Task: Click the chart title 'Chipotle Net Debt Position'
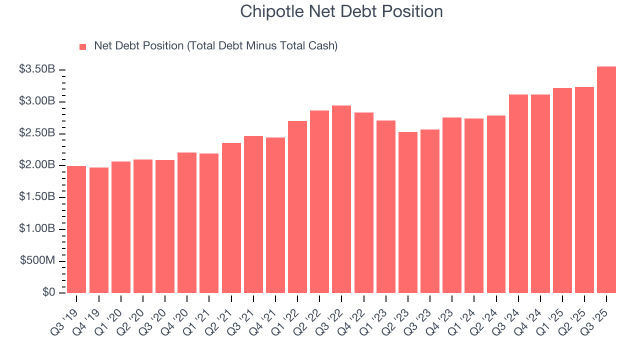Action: click(x=341, y=11)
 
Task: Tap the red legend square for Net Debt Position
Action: click(x=83, y=46)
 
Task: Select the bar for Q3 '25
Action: click(x=606, y=179)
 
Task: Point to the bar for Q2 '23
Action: click(x=407, y=212)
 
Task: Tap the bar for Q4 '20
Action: click(x=187, y=222)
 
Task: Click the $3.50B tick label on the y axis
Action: click(x=37, y=69)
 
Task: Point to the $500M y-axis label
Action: click(x=37, y=261)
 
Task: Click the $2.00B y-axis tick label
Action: click(x=37, y=165)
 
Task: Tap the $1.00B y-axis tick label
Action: click(x=37, y=229)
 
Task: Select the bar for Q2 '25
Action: click(x=584, y=190)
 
